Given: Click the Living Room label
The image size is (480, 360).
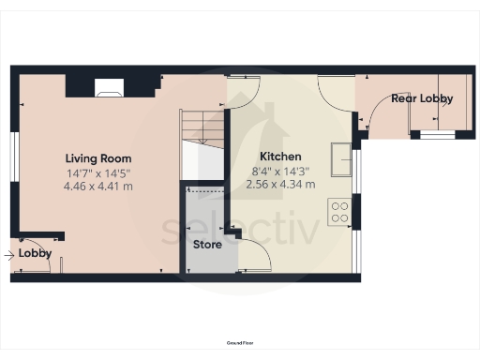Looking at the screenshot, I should pos(97,158).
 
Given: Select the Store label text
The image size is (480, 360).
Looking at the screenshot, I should pos(206,245).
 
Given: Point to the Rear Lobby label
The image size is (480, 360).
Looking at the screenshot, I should pos(422,98).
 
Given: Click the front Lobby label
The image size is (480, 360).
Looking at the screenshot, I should pos(35,254).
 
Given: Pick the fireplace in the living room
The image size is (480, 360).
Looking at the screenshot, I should pos(109,89).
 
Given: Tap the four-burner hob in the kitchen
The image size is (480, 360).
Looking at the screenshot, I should pos(338,213).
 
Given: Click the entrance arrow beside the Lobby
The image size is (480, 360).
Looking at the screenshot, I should pos(9,254).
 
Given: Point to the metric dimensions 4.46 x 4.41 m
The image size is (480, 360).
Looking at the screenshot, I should pos(97,186).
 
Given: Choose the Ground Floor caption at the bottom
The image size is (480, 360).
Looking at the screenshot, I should pos(239,345).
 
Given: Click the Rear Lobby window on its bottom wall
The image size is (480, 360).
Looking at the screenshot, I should pos(436,134).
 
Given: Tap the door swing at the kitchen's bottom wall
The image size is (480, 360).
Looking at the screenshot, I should pos(256,253).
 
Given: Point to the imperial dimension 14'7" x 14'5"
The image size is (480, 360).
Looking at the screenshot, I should pos(97,172).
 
